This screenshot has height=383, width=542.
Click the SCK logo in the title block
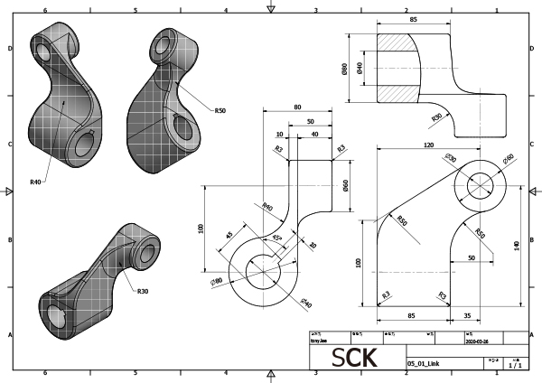point(355,358)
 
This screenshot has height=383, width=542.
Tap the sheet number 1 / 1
point(514,365)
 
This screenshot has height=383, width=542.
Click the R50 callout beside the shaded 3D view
point(220,110)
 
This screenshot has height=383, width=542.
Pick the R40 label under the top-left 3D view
point(35,182)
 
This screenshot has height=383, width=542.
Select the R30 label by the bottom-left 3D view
point(143,291)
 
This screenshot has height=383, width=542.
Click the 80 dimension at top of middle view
point(297,107)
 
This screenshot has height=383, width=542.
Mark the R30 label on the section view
point(436,117)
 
